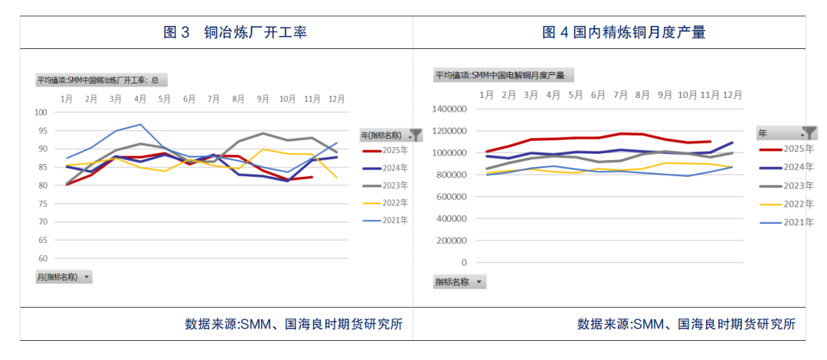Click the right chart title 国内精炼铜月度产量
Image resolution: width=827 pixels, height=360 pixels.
(623, 32)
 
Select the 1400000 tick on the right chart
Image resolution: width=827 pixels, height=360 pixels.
(449, 110)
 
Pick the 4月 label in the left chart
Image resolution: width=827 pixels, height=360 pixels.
(140, 99)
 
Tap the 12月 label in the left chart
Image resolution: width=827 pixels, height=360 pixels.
(336, 99)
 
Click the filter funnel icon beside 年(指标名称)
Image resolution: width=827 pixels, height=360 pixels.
(417, 134)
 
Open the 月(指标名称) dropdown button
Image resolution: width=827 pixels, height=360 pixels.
(86, 277)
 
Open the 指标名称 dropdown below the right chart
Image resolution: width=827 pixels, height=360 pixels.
(479, 282)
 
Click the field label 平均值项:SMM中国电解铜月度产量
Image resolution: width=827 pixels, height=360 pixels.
(503, 75)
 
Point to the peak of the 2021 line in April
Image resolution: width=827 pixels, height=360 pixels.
(140, 124)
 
